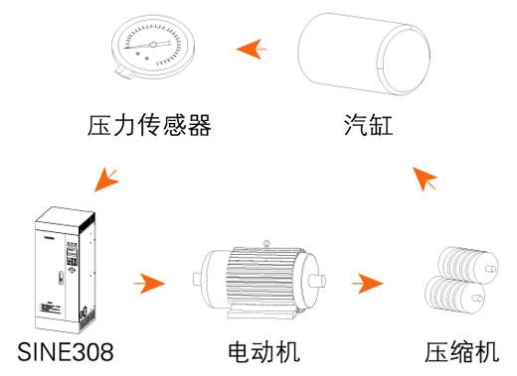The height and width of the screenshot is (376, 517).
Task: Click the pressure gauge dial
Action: pos(153,47)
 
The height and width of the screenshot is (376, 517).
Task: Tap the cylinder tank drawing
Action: pos(364,54)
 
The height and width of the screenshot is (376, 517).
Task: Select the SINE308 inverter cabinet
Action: pos(66,270)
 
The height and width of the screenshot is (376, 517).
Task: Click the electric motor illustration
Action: pos(259,280)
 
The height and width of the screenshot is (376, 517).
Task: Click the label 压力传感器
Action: pos(149,125)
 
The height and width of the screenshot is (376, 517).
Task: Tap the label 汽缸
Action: pos(369,125)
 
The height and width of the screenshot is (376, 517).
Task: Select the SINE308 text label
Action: pos(66,352)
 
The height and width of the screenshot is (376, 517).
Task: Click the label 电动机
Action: pos(263,352)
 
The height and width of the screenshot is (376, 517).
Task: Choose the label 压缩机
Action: pos(462,352)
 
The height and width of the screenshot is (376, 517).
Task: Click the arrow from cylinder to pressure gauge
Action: pos(252,50)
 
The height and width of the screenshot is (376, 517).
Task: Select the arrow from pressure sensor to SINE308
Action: pos(106,180)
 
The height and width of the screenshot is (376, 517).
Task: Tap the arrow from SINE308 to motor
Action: pos(150,284)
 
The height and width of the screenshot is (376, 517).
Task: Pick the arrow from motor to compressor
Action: pos(367,284)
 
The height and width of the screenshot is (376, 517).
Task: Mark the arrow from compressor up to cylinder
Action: pos(425,179)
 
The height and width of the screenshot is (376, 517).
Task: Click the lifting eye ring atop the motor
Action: pos(266,244)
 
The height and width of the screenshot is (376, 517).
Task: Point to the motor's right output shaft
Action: pos(317,281)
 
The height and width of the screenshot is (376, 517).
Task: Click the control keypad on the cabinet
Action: pos(72,254)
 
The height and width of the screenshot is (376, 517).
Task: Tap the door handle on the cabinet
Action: pos(61,278)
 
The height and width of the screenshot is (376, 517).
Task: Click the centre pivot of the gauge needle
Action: pos(153,45)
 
